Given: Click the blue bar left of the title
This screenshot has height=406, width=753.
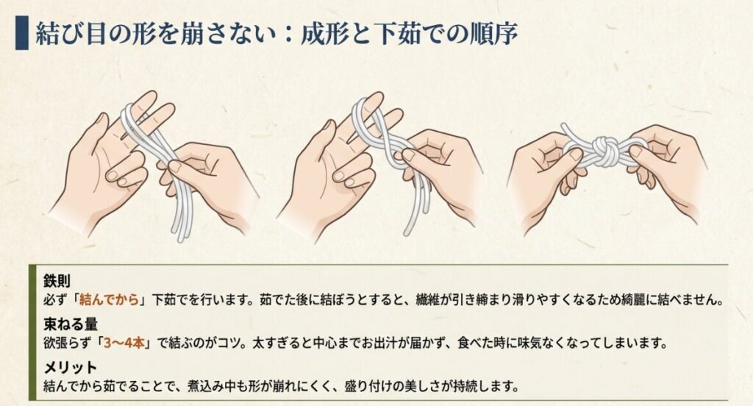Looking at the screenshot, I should (x=21, y=34).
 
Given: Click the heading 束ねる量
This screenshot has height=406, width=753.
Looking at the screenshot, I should (x=67, y=326).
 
